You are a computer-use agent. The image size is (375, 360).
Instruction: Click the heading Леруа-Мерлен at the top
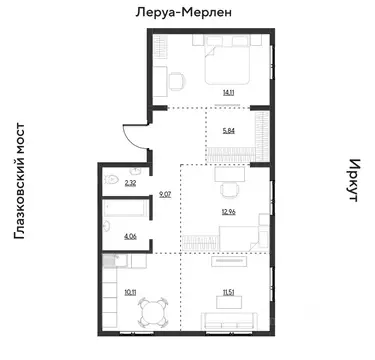(x=187, y=13)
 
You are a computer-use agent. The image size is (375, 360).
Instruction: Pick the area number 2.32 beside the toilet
(x=130, y=184)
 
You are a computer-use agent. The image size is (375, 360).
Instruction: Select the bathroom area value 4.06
(x=130, y=236)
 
